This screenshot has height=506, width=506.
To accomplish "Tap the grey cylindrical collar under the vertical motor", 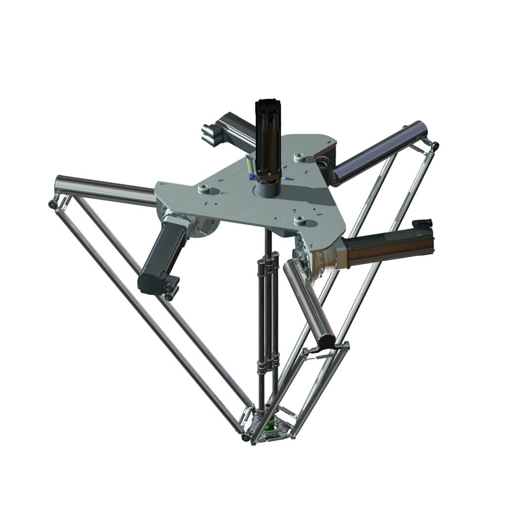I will pos(269,188).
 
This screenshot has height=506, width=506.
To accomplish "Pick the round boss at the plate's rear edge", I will pos(300,158).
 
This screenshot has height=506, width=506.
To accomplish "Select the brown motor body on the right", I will pos(385,250).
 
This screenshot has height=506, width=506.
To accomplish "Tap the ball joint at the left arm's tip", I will pos(52,204).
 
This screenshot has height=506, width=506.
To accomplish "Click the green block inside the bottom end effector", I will pos(270,425).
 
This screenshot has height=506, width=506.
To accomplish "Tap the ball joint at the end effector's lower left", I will pos(245,437).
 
